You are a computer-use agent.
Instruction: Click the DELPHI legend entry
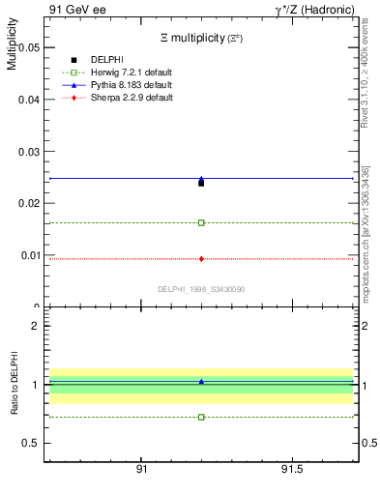[x=107, y=59]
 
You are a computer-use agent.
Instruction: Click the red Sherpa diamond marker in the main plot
[x=201, y=258]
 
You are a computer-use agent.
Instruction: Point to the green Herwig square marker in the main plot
[x=201, y=222]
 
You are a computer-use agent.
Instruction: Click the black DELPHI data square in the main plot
[x=201, y=182]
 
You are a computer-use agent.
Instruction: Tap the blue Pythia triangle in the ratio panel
[x=201, y=382]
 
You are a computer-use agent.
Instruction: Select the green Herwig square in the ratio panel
[x=201, y=417]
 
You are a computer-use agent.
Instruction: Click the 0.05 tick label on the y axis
[x=27, y=46]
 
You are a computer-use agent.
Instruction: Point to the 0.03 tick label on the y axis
[x=27, y=151]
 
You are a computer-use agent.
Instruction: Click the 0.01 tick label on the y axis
[x=27, y=255]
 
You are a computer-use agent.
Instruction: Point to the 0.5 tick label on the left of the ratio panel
[x=31, y=443]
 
